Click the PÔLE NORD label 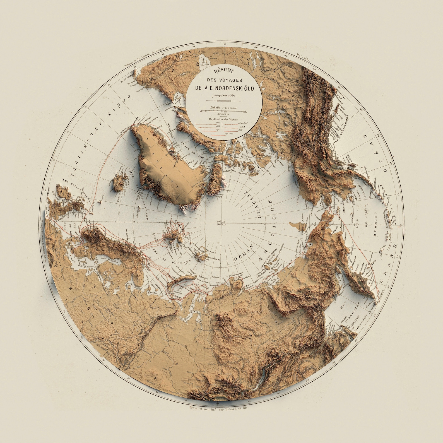click(x=221, y=223)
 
